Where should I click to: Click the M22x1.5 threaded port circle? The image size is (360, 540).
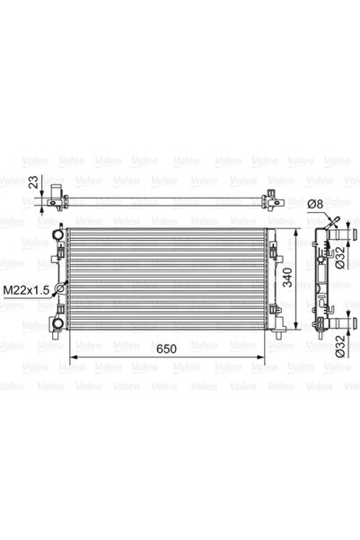60,288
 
